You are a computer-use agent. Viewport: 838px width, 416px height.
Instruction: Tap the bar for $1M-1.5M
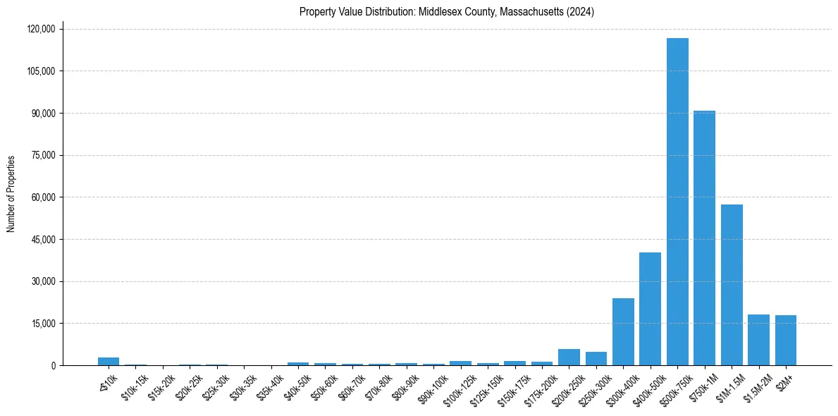pyautogui.click(x=732, y=285)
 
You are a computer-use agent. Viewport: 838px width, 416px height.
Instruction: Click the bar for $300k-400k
pyautogui.click(x=623, y=332)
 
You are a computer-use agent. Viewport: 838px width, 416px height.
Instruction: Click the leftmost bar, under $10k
pyautogui.click(x=109, y=361)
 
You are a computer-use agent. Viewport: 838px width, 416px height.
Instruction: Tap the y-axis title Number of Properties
pyautogui.click(x=11, y=194)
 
